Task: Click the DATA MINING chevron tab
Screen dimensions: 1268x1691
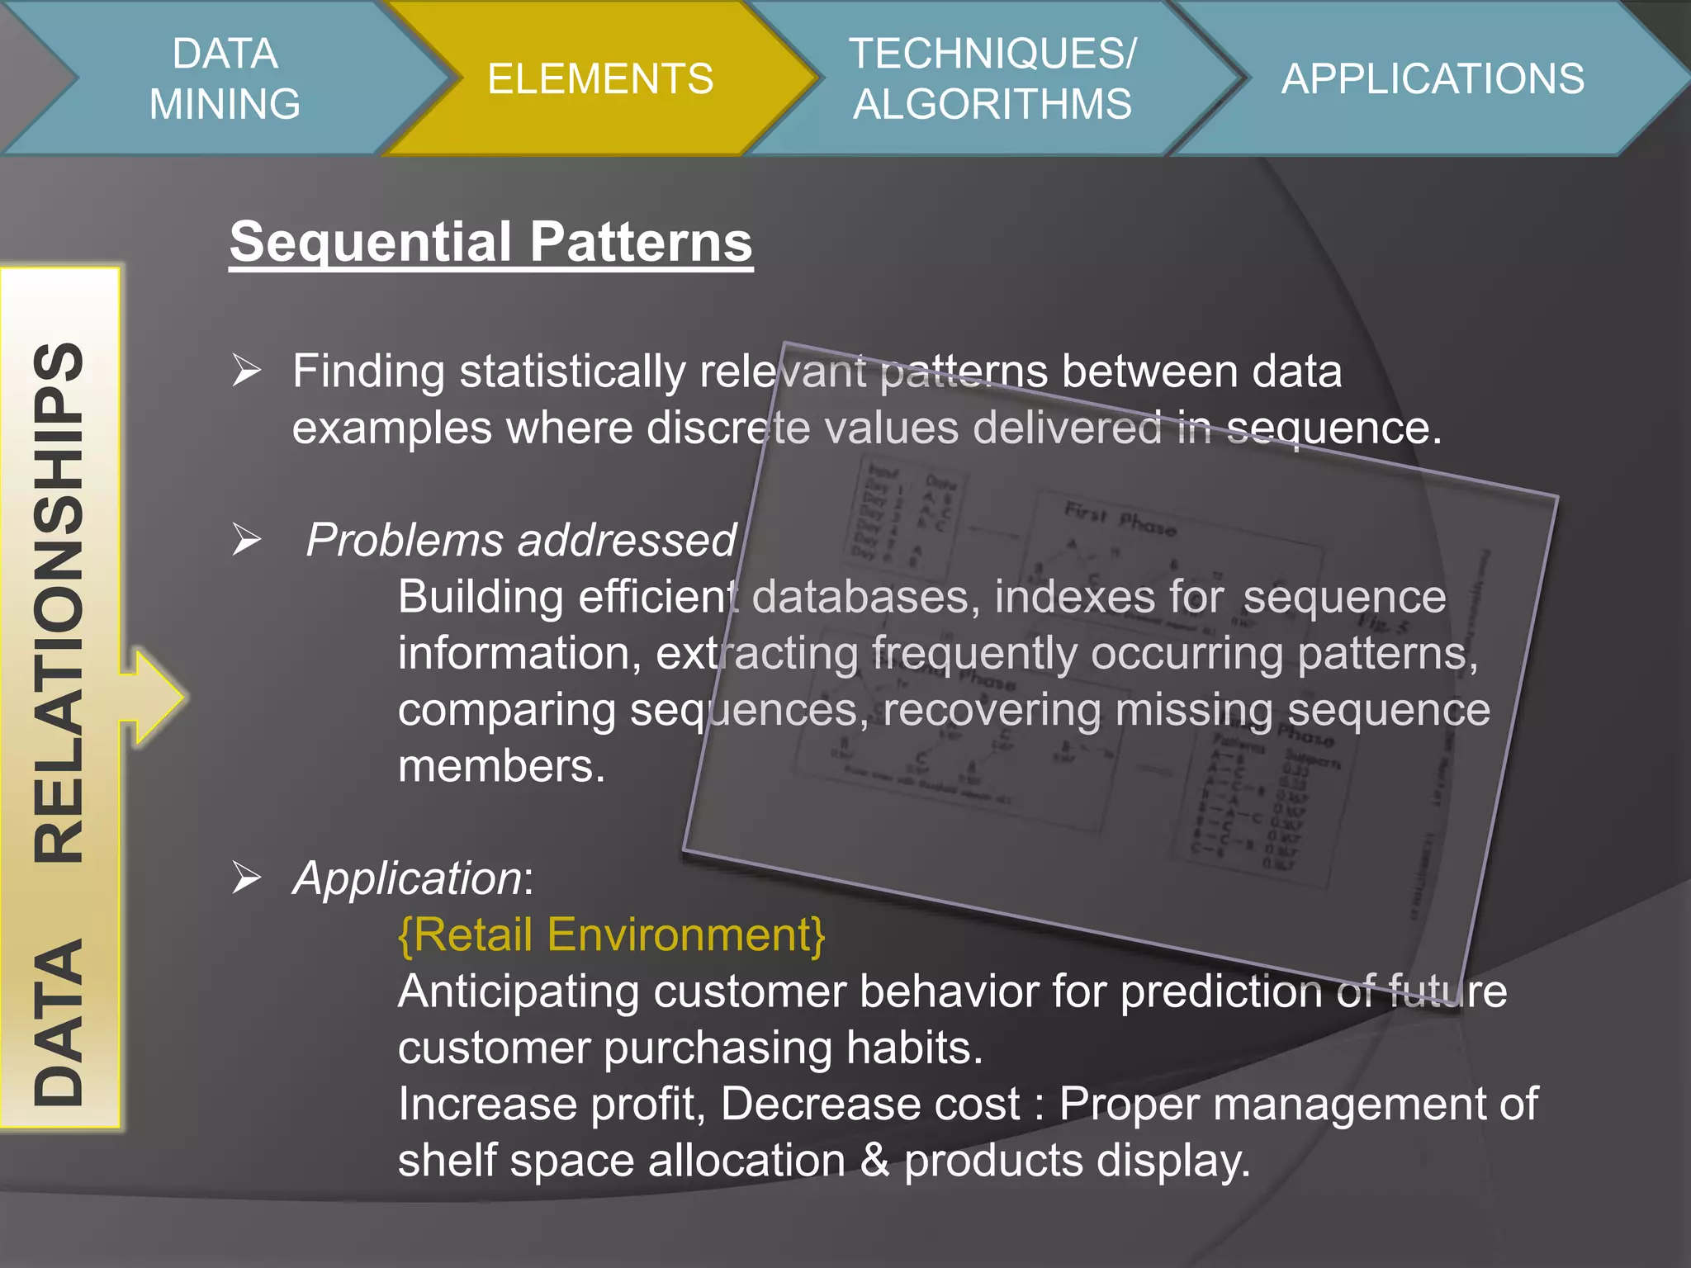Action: tap(225, 78)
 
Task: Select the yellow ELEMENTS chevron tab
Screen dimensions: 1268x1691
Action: tap(599, 78)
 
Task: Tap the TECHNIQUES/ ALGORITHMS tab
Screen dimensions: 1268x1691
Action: tap(992, 78)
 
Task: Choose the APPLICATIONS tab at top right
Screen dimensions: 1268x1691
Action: tap(1433, 78)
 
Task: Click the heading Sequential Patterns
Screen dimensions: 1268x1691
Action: tap(490, 241)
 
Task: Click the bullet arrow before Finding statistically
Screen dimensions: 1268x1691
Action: tap(246, 370)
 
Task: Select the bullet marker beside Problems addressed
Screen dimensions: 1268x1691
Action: tap(246, 539)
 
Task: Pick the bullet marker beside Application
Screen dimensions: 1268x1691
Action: tap(246, 877)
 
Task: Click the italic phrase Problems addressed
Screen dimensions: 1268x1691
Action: tap(520, 540)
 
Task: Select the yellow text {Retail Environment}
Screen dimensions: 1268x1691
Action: tap(611, 934)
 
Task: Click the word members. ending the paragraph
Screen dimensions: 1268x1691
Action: tap(501, 766)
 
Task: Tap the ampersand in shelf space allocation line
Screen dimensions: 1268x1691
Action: tap(874, 1160)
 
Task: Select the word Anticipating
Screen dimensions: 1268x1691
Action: tap(518, 991)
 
